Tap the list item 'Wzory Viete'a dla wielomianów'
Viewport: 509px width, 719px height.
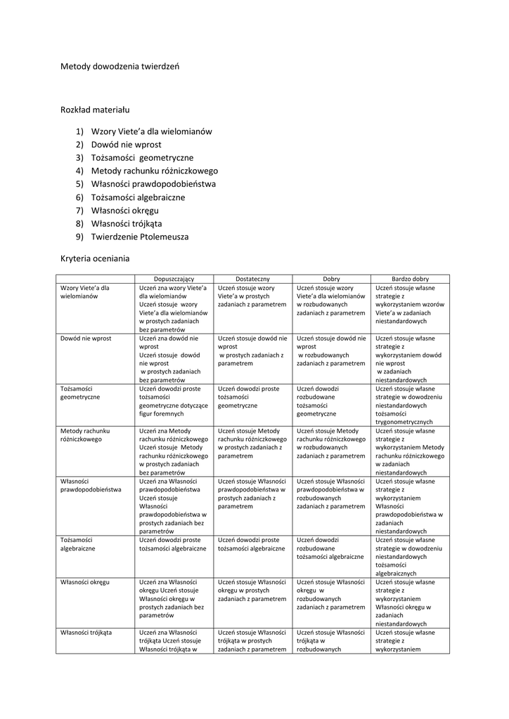151,131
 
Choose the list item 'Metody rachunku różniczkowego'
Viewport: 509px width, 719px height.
154,171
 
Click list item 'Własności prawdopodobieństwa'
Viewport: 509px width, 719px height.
153,184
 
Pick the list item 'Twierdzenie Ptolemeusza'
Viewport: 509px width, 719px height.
140,237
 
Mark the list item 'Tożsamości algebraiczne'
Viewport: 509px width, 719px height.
138,197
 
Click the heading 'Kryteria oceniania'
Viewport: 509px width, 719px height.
95,258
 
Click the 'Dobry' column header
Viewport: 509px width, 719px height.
331,279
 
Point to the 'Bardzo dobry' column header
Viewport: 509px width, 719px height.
410,279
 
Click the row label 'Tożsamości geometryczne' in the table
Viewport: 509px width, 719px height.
80,393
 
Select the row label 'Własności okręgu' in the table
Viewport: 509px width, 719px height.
84,582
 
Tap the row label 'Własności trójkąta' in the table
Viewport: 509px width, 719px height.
86,633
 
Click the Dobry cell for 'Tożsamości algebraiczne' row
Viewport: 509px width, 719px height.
330,548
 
